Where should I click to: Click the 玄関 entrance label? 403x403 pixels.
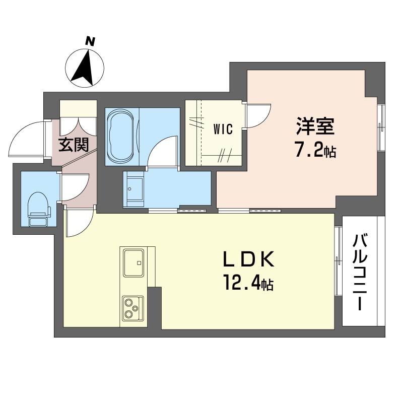74,145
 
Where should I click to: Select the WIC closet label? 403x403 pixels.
223,129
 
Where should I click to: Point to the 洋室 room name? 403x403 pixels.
315,126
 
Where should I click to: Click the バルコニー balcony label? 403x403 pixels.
360,273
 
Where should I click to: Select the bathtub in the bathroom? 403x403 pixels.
121,137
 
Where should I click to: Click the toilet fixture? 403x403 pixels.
39,209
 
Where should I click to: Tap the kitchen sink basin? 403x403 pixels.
133,262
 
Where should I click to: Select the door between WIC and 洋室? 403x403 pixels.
257,115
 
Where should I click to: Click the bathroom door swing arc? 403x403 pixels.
162,152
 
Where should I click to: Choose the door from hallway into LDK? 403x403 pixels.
79,222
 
